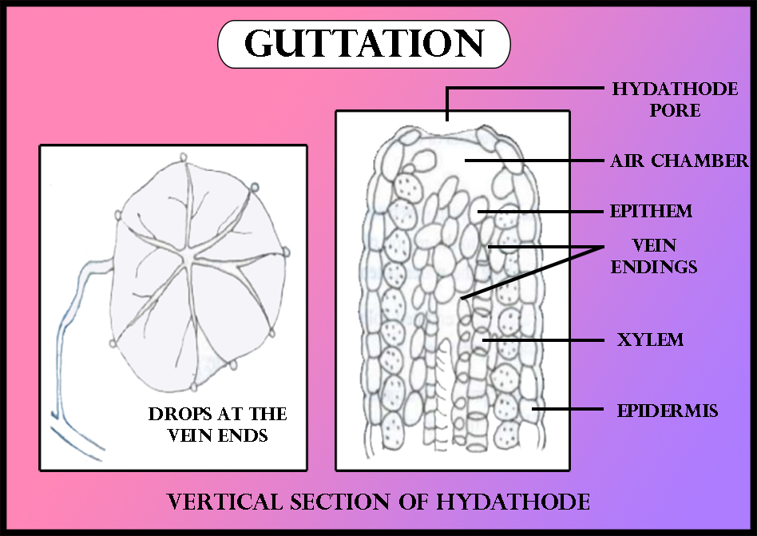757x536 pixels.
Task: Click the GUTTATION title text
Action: [364, 44]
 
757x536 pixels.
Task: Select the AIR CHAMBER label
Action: [680, 161]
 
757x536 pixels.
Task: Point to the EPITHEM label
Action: [651, 212]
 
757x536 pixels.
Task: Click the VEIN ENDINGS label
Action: [654, 256]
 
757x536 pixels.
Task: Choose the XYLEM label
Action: [650, 339]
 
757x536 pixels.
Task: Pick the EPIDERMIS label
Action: [668, 411]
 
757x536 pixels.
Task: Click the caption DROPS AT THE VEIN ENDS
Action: [218, 425]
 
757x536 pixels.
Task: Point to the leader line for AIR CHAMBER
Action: [535, 161]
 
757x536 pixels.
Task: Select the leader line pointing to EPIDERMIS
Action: [567, 410]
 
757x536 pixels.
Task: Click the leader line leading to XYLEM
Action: [543, 339]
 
